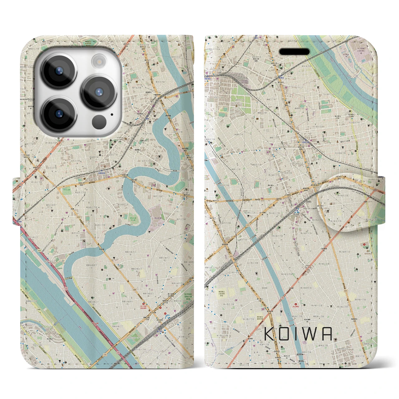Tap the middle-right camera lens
pyautogui.click(x=99, y=92)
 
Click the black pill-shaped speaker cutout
pyautogui.click(x=294, y=52)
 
